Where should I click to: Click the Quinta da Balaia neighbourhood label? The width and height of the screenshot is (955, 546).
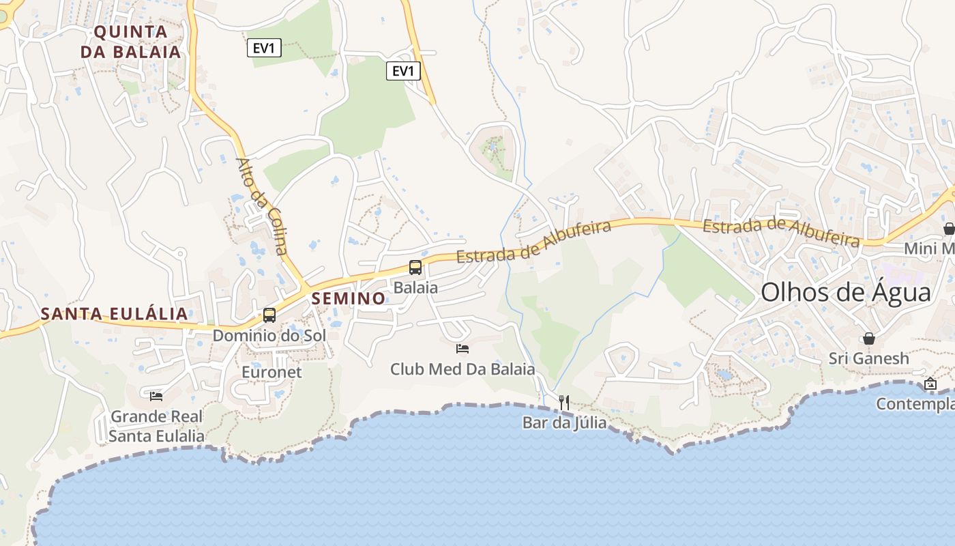(x=131, y=42)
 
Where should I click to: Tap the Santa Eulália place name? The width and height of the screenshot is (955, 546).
(x=114, y=314)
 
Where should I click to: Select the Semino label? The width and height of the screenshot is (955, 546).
(x=349, y=298)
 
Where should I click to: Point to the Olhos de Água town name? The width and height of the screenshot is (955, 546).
(x=845, y=293)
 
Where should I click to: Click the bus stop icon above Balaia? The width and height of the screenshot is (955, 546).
(x=415, y=268)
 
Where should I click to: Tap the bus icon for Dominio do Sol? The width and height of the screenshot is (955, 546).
(x=269, y=315)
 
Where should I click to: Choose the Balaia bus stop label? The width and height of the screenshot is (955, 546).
(x=415, y=287)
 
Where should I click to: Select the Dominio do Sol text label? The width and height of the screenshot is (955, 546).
(x=269, y=336)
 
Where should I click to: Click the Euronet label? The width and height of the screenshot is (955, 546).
(x=271, y=372)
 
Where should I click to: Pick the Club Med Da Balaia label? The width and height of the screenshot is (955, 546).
(x=462, y=369)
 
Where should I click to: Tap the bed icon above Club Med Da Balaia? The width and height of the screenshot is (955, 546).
(x=462, y=349)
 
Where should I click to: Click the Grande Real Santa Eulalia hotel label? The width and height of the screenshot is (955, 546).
(x=157, y=426)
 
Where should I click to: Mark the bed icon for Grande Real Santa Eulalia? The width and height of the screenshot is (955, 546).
(x=156, y=396)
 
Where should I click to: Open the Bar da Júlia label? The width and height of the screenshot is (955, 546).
(x=564, y=422)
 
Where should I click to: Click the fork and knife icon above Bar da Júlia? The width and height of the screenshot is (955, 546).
(x=564, y=403)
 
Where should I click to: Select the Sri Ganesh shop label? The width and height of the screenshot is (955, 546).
(x=869, y=358)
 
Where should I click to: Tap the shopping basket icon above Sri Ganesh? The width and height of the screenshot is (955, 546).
(x=869, y=339)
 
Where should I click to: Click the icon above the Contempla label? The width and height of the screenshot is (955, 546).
(x=930, y=384)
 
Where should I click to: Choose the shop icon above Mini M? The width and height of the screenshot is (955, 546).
(x=949, y=229)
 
